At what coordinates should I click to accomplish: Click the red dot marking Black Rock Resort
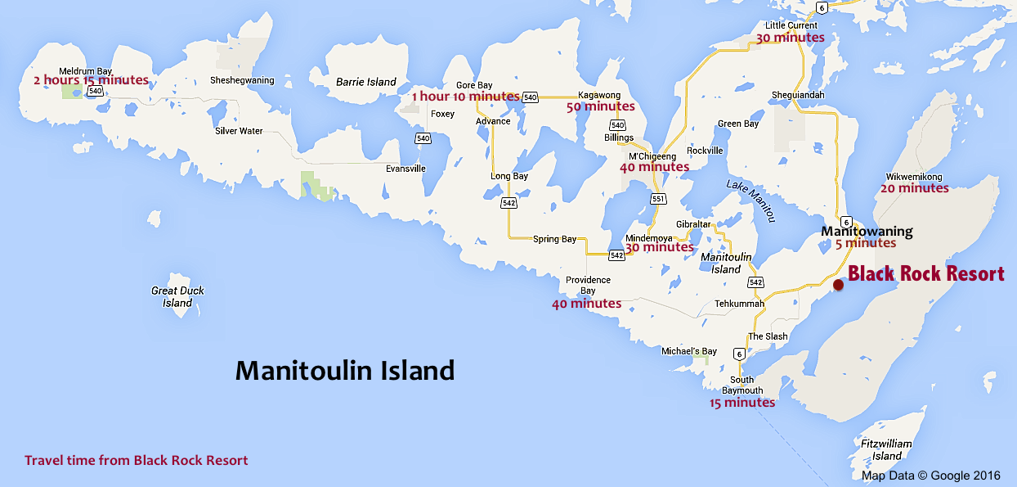pyautogui.click(x=838, y=284)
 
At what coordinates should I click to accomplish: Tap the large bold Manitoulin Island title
pyautogui.click(x=344, y=371)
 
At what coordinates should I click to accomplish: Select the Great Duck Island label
pyautogui.click(x=177, y=296)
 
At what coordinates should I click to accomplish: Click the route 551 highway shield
pyautogui.click(x=658, y=199)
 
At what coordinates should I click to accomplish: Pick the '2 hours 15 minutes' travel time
pyautogui.click(x=91, y=80)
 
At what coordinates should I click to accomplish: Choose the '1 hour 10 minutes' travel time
pyautogui.click(x=465, y=97)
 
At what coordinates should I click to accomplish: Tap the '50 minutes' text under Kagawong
pyautogui.click(x=600, y=106)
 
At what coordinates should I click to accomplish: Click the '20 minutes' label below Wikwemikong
pyautogui.click(x=914, y=188)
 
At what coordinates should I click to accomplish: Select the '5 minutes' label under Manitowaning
pyautogui.click(x=865, y=243)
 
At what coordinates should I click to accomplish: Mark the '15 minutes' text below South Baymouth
pyautogui.click(x=741, y=403)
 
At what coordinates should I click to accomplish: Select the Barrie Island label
pyautogui.click(x=365, y=82)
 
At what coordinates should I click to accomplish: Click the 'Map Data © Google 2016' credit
pyautogui.click(x=930, y=476)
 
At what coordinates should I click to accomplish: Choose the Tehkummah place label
pyautogui.click(x=739, y=304)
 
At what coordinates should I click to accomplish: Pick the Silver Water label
pyautogui.click(x=239, y=131)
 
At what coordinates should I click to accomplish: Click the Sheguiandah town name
pyautogui.click(x=798, y=95)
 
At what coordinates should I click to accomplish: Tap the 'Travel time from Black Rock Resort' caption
pyautogui.click(x=136, y=460)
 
